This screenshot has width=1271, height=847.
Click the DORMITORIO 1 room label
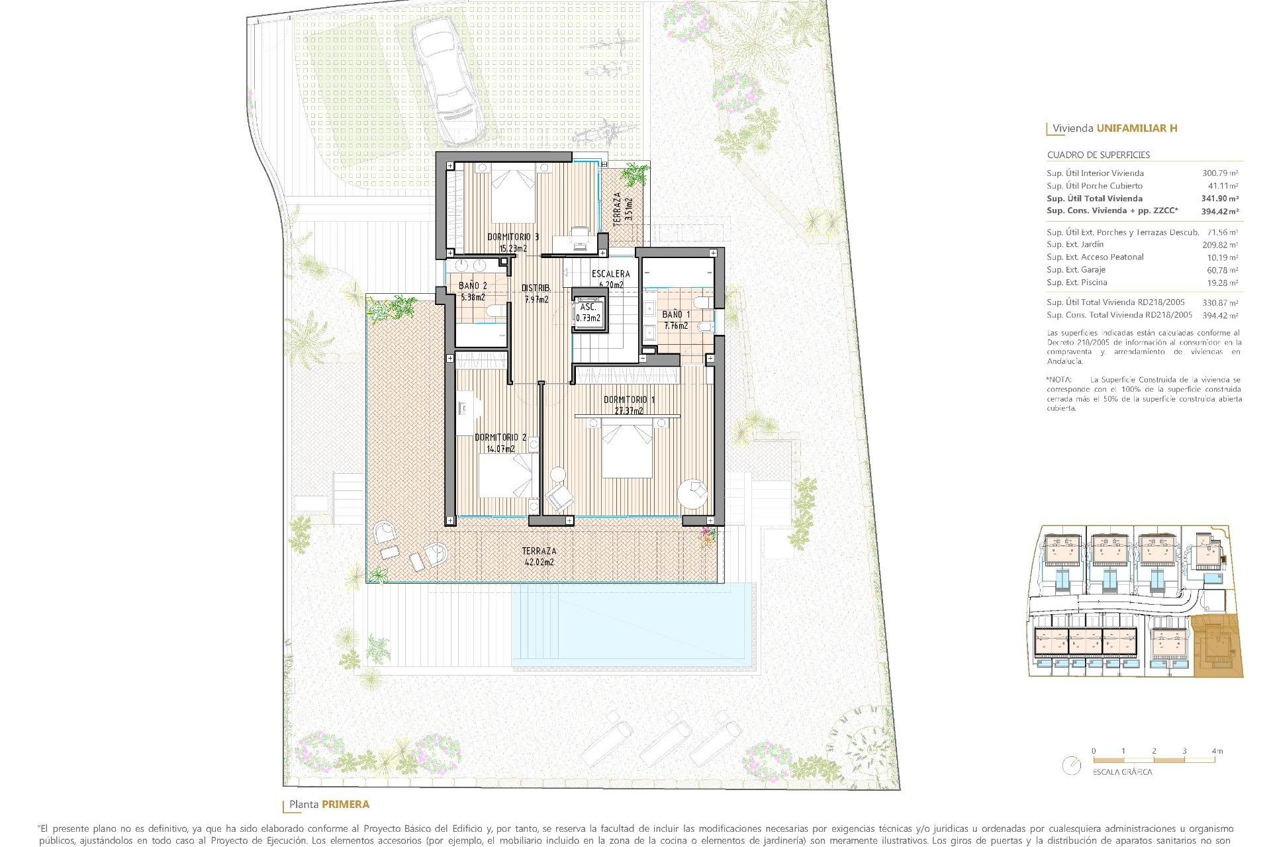coord(629,400)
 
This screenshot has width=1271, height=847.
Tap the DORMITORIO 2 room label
coord(500,437)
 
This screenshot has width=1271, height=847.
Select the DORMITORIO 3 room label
coord(513,236)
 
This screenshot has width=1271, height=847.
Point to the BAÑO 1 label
coord(676,315)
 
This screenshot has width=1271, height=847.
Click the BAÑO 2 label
coord(473,286)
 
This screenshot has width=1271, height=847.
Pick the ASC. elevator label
coord(588,308)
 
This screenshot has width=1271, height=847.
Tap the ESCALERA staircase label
coord(610,273)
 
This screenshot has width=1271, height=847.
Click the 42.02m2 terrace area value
coord(539,562)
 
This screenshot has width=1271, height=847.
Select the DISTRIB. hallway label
coord(536,288)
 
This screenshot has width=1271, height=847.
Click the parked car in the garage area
coord(447,79)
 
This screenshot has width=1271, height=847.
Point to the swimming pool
coord(634,625)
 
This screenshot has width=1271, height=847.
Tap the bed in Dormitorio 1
coord(627,450)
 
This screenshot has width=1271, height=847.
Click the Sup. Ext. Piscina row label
coord(1076,283)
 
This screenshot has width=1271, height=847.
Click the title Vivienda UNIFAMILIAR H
coord(1115,128)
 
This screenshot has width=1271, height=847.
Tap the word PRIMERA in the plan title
coord(345,805)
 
